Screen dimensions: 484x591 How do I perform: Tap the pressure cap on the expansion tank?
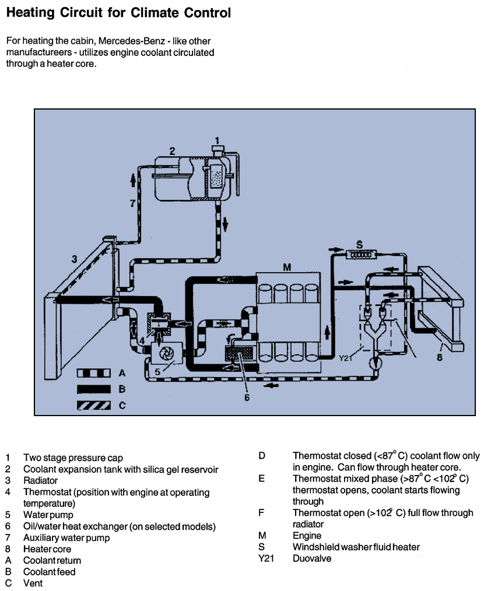218,149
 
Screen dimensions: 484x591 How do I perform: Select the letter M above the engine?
287,267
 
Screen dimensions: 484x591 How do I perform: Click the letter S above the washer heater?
360,245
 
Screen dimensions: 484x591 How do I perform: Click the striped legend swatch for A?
93,373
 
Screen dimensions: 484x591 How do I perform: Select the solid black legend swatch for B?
93,389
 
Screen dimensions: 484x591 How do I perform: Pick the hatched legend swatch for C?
93,406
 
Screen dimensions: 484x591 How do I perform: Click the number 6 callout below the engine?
247,397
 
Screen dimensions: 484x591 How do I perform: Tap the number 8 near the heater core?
440,357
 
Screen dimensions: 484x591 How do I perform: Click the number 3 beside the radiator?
74,259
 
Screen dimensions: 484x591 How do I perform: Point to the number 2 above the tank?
172,151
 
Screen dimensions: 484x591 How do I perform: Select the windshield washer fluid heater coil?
361,255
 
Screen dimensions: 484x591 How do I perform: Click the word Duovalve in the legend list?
312,558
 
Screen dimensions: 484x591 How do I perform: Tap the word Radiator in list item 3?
40,481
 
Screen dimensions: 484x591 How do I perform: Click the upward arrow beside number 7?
133,180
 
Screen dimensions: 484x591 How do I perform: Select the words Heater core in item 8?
47,549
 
